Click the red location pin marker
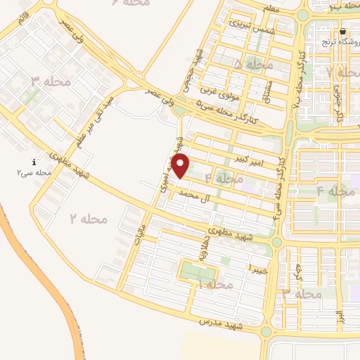coord(181,166)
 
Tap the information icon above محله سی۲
coord(34,161)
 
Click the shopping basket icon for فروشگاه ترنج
coord(342,32)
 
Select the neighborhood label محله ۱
coord(216,284)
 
